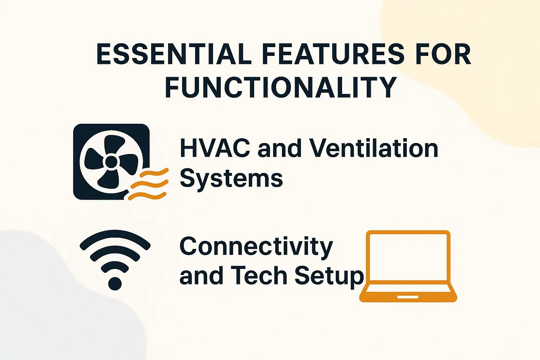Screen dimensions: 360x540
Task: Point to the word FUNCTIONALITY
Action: coord(281,87)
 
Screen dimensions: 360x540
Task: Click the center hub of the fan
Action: coord(111,162)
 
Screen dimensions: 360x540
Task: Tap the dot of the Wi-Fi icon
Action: coord(115,283)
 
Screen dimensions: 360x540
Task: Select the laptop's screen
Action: coord(408,257)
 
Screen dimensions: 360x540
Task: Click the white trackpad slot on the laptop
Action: coord(408,297)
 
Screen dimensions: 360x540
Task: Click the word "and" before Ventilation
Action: coord(279,148)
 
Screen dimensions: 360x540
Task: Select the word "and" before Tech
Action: coord(201,276)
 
